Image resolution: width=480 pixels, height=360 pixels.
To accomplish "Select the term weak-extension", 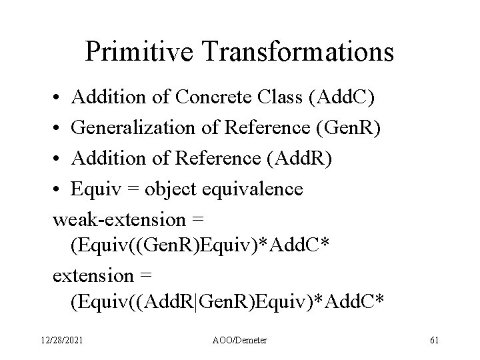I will click(x=121, y=219).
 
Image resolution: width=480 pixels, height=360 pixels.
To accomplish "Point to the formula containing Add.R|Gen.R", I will click(x=227, y=303).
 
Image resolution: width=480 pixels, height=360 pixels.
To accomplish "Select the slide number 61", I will click(x=434, y=341).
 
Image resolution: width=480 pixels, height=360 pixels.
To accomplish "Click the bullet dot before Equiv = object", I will click(x=57, y=190).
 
